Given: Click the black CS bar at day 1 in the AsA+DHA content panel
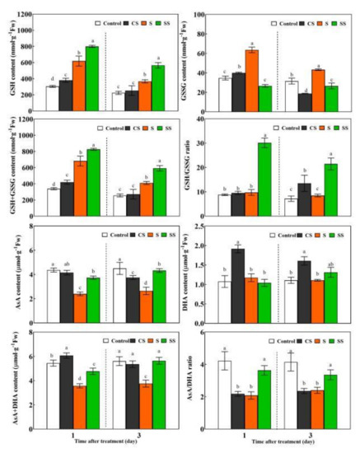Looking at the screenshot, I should [65, 386].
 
